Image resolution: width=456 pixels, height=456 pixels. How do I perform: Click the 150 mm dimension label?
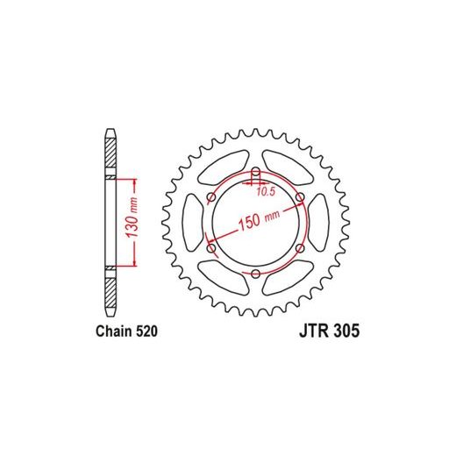tap(260, 219)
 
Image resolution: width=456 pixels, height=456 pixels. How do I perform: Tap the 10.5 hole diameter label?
tap(266, 192)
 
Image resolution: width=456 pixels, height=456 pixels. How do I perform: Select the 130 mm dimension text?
tap(132, 217)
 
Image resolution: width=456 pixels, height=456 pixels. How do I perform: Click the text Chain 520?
tap(126, 331)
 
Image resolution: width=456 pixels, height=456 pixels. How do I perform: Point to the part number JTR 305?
tap(329, 331)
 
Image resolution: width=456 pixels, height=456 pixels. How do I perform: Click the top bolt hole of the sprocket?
tap(256, 172)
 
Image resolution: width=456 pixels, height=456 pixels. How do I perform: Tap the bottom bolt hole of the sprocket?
tap(256, 274)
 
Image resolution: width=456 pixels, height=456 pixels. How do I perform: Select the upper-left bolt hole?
tap(211, 197)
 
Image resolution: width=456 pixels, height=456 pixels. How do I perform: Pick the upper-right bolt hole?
tap(300, 197)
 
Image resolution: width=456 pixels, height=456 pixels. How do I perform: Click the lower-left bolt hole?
tap(211, 248)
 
